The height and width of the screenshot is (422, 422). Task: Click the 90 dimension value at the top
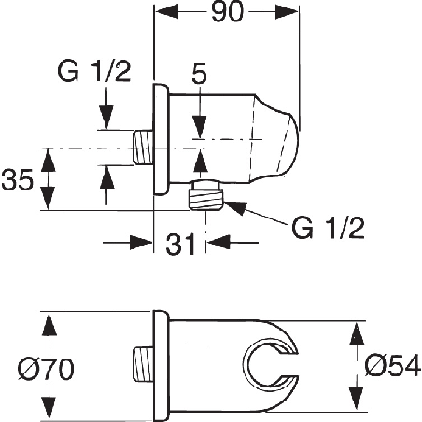coord(227,12)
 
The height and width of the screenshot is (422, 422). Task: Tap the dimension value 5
coord(200,75)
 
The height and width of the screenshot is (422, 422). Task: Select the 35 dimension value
coord(17,180)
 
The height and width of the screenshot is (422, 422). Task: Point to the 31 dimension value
coord(180,245)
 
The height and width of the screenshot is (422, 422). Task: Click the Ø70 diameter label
coord(46,369)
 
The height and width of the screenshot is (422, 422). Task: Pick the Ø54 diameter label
coord(393,366)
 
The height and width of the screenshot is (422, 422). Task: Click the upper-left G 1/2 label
coord(94,72)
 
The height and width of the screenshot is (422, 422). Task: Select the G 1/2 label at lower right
coord(328,228)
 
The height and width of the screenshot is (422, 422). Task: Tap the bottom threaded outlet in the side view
coord(206,196)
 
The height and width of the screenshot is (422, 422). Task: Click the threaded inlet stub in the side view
coord(143,148)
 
